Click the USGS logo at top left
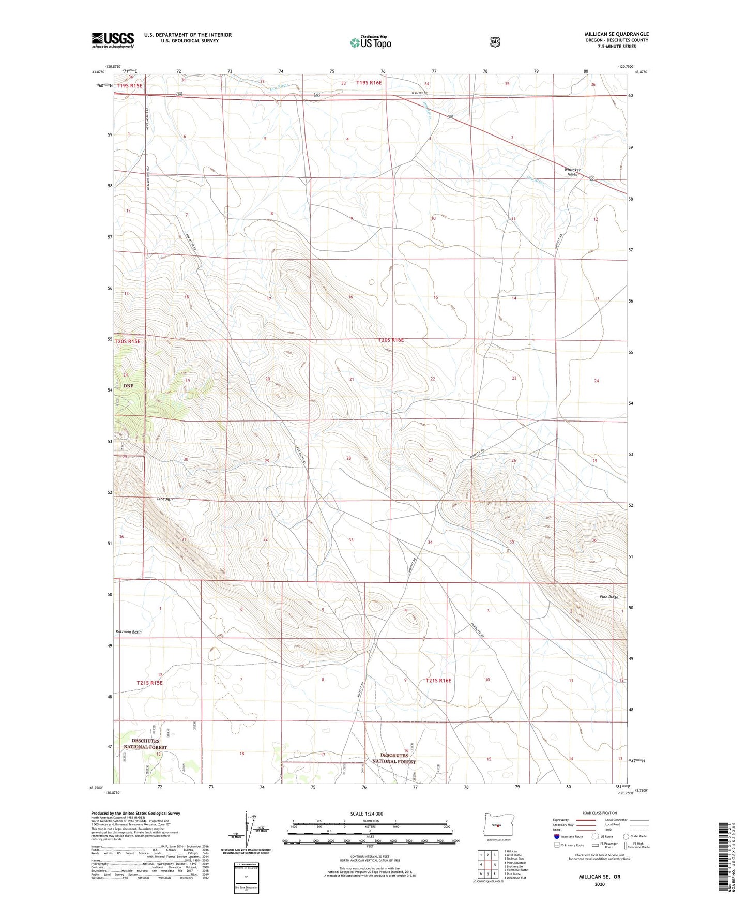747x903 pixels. tap(113, 40)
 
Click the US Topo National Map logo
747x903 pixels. tap(370, 42)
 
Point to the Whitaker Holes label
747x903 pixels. tap(572, 172)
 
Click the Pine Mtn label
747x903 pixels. tap(164, 499)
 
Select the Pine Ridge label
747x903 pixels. tap(608, 597)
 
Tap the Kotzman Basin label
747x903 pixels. tap(129, 632)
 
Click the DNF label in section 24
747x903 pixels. tap(128, 386)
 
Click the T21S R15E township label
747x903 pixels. tap(149, 683)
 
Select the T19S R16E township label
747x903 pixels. tap(369, 83)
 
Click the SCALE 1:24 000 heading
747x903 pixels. tap(367, 814)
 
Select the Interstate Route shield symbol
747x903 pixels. tap(556, 836)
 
